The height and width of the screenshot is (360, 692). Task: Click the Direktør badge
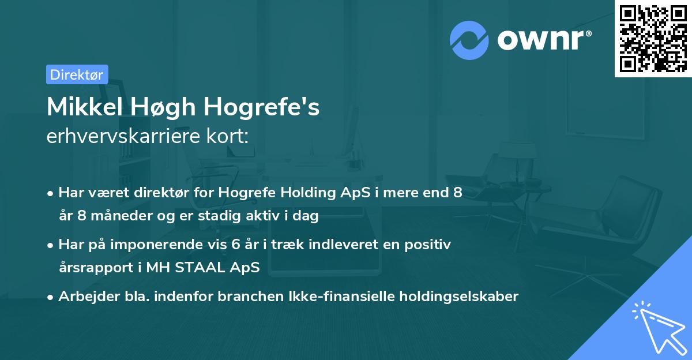pyautogui.click(x=77, y=74)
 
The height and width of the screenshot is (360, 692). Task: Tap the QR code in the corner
pyautogui.click(x=653, y=39)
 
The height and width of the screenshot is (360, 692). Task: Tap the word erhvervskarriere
pyautogui.click(x=127, y=137)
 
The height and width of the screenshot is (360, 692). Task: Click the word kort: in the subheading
pyautogui.click(x=229, y=137)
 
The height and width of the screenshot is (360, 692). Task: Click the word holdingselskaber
pyautogui.click(x=461, y=297)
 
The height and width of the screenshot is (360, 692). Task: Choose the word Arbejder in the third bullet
pyautogui.click(x=84, y=297)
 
